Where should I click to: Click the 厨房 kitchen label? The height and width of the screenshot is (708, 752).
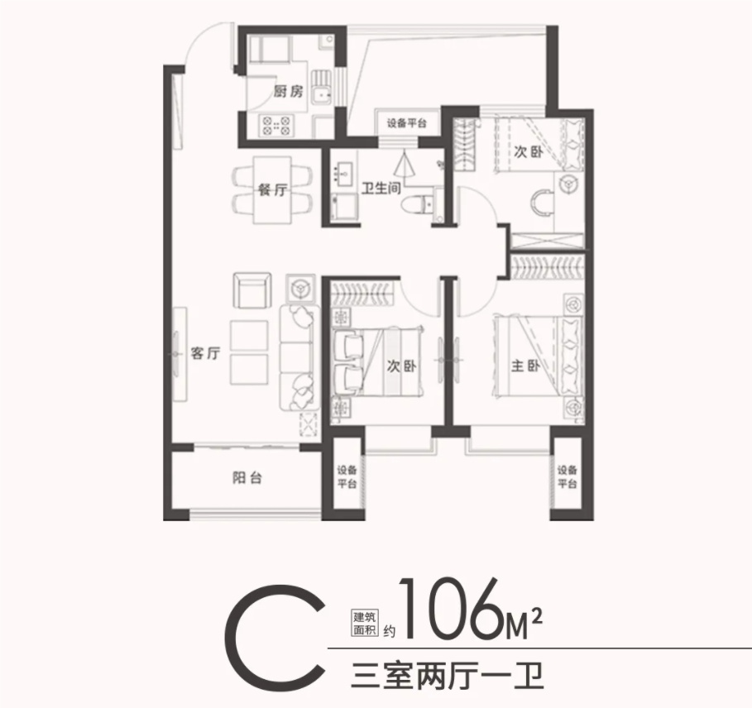pos(289,91)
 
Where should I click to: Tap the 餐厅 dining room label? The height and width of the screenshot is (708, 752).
pos(272,190)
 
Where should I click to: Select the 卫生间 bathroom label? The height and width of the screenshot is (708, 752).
pos(381,188)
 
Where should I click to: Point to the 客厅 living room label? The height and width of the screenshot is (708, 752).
pos(205,353)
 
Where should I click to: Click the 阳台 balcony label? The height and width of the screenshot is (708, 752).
pos(247,477)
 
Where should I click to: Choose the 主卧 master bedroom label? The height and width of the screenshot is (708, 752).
pos(525,366)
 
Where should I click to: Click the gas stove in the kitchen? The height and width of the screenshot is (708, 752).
pos(276,125)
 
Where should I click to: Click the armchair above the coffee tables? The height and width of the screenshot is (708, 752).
pos(252,290)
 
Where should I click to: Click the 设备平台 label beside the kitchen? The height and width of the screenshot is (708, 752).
pos(407,124)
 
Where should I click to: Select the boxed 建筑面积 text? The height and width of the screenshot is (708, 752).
pos(365,623)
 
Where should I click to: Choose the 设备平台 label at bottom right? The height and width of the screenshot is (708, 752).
pos(567,476)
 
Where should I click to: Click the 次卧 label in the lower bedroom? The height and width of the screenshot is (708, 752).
pos(402,366)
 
